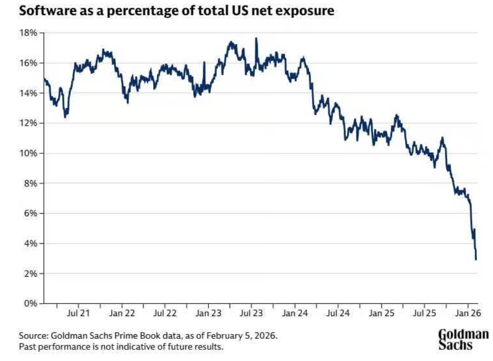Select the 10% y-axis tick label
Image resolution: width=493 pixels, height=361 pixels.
coord(29,153)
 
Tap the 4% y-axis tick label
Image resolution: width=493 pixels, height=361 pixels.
coord(31,243)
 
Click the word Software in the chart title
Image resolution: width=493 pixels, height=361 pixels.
coord(44,11)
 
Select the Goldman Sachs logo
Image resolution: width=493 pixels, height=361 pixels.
coord(463,339)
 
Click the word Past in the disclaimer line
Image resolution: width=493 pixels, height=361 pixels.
coord(28,347)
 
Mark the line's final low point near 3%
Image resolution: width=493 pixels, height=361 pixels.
coord(476,259)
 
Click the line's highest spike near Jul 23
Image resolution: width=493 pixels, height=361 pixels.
coord(256,38)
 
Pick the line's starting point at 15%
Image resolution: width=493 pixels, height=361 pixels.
coord(44,78)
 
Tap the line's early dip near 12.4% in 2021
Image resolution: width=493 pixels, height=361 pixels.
coord(65,117)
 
